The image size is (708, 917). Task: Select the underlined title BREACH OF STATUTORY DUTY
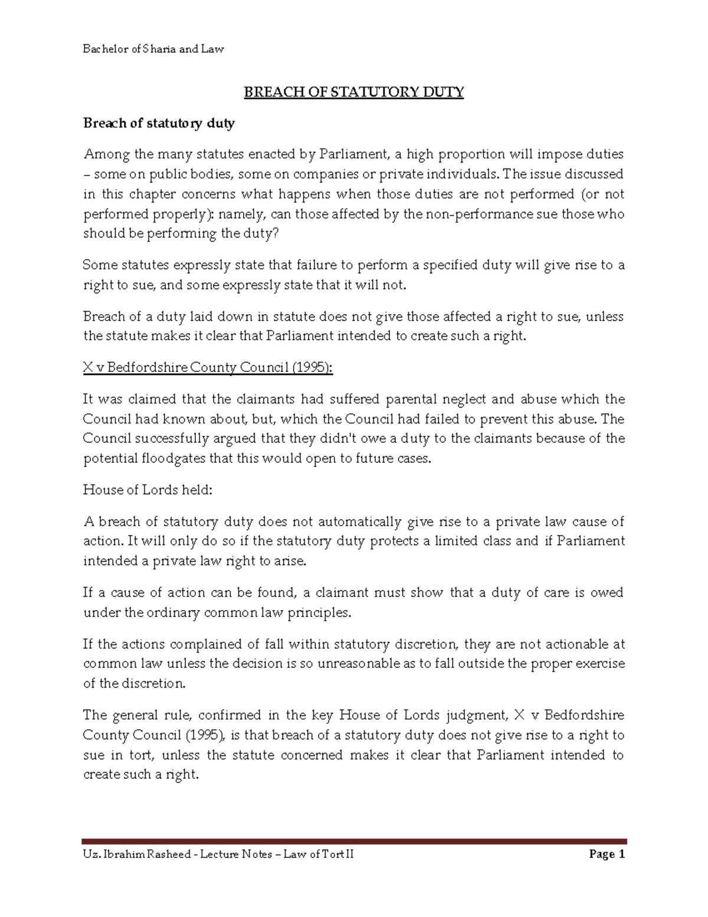coord(354,93)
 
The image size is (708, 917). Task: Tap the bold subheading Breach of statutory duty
coord(159,123)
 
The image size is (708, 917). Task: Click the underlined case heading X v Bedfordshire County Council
coord(208,368)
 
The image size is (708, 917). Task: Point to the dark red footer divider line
coord(354,841)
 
